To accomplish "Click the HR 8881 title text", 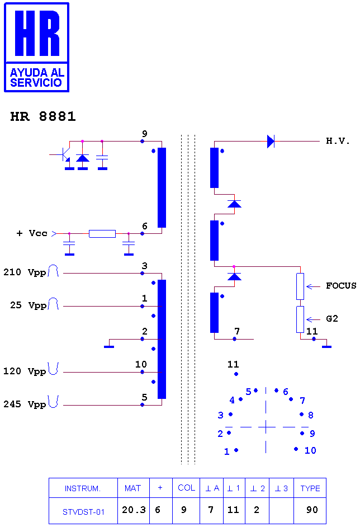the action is click(x=43, y=116).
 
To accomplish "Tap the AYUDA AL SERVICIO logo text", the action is click(x=36, y=78).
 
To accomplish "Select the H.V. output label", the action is click(x=338, y=141).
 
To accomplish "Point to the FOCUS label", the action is click(x=341, y=286).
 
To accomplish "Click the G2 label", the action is click(x=332, y=319).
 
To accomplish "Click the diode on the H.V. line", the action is click(x=271, y=141).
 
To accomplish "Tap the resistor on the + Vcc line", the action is click(x=102, y=234).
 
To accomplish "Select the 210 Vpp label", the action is click(x=25, y=272).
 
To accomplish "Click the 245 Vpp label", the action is click(x=25, y=404).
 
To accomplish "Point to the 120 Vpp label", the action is click(x=25, y=371).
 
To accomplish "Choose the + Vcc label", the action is click(x=32, y=233).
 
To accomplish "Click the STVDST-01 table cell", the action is click(x=83, y=512).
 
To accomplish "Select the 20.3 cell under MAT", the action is click(x=134, y=510).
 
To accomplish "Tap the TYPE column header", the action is click(x=310, y=488).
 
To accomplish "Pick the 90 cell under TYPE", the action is click(x=312, y=510).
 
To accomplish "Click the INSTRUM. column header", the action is click(x=83, y=488).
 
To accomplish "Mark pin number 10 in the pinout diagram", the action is click(x=310, y=450).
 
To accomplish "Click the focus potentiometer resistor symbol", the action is click(x=300, y=286).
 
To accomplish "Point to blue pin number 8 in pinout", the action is click(x=311, y=415).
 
